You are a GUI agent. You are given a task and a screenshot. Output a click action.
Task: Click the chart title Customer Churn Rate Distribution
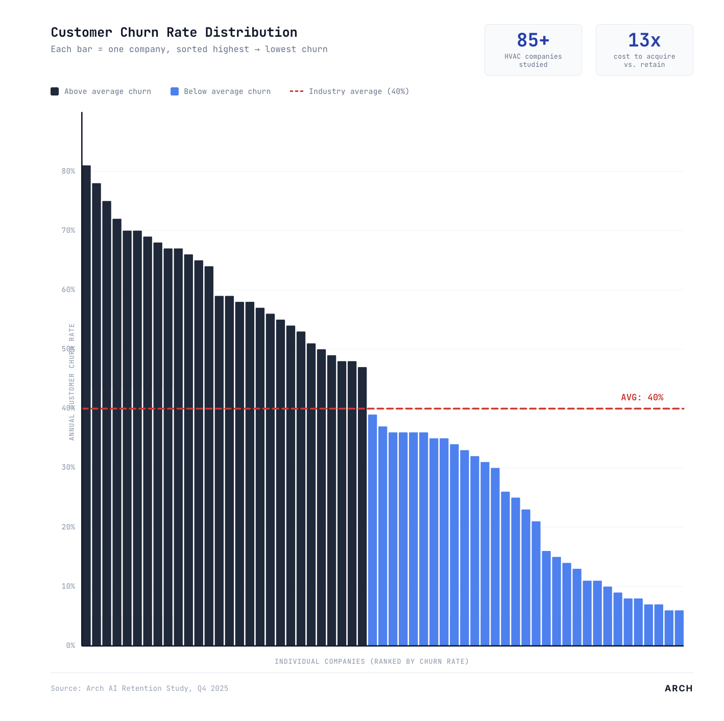coord(174,32)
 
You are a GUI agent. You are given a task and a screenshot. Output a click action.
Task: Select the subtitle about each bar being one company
coord(189,50)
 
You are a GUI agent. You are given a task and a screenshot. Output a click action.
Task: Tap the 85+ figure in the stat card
coord(533,40)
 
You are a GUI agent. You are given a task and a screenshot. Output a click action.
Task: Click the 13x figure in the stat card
coord(644,40)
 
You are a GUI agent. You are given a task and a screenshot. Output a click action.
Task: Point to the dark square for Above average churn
coord(55,91)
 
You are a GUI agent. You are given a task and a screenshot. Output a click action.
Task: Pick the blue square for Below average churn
coord(175,91)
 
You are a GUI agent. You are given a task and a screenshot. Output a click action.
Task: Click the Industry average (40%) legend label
coord(358,91)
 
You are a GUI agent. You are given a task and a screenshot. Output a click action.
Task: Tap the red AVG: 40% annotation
coord(642,397)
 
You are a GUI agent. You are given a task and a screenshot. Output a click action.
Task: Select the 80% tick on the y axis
coord(68,171)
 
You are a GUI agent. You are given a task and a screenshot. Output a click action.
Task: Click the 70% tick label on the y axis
coord(68,230)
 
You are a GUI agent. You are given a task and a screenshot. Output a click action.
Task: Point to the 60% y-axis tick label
coord(68,290)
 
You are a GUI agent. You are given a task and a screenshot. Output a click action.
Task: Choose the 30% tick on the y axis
coord(68,467)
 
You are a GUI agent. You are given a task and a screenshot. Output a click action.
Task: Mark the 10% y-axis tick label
coord(68,586)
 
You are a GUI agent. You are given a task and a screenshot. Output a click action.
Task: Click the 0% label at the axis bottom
coord(70,645)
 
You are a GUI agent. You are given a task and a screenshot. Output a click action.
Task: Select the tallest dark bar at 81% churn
coord(86,405)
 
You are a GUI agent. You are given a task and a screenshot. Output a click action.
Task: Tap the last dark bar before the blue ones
coord(362,506)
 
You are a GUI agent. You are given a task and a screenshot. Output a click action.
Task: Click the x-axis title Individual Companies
coord(372,662)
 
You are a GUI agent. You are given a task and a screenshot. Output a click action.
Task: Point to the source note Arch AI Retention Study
coord(139,688)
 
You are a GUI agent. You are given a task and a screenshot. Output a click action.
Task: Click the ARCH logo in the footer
coord(678,688)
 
